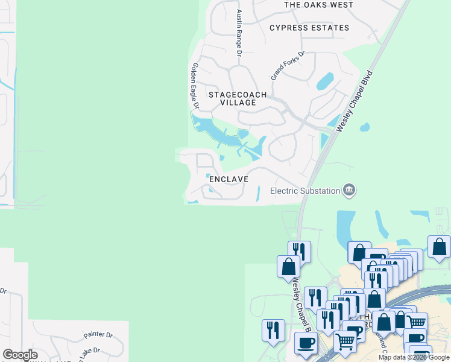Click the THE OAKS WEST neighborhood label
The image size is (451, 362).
[x=318, y=5]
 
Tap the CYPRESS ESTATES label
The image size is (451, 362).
[x=309, y=28]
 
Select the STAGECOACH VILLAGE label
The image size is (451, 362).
[x=232, y=99]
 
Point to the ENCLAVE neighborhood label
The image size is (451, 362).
[x=229, y=179]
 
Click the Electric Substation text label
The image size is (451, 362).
[x=305, y=191]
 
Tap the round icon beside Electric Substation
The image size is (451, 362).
[x=348, y=191]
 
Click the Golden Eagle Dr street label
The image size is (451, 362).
[x=195, y=86]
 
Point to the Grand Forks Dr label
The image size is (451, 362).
[x=288, y=66]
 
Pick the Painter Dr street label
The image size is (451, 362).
[x=98, y=334]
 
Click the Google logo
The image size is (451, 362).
[x=20, y=355]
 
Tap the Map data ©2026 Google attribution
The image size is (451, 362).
[x=413, y=357]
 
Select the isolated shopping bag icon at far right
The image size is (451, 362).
[x=439, y=247]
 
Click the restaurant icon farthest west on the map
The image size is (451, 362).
[x=273, y=330]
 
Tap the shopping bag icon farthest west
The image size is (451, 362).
[x=288, y=266]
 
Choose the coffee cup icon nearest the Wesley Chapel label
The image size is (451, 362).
[x=306, y=343]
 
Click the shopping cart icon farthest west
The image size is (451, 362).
[x=345, y=341]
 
